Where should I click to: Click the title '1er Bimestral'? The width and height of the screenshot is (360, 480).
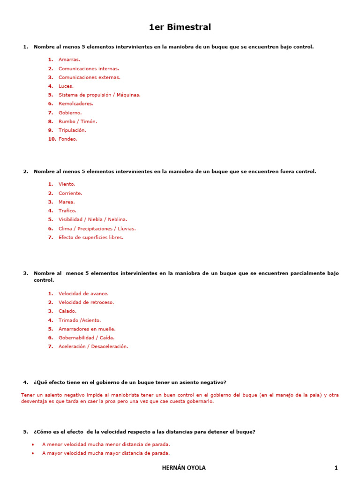coord(180,27)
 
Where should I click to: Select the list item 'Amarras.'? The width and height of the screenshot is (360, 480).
coord(69,60)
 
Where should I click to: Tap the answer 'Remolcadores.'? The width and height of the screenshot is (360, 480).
coord(76,104)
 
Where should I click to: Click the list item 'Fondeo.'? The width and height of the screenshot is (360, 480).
coord(68,139)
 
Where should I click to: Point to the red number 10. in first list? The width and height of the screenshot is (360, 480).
coord(52,139)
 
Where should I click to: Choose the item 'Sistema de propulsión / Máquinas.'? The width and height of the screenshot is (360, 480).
coord(99,95)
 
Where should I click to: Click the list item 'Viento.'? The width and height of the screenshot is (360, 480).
coord(67,184)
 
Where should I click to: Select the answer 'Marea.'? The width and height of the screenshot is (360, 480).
coord(67,202)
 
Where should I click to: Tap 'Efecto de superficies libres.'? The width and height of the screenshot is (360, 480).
coord(91,237)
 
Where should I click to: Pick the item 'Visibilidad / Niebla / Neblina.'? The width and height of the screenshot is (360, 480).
coord(93,219)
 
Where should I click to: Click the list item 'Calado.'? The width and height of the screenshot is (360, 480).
coord(67,311)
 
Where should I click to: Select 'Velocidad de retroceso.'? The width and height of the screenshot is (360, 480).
coord(86,302)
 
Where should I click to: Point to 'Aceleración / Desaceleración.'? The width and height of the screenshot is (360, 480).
coord(93,346)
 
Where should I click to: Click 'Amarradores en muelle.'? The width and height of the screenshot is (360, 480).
coord(87,329)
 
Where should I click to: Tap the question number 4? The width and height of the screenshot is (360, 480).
coord(25,382)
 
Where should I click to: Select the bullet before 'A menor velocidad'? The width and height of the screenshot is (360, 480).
coord(32,444)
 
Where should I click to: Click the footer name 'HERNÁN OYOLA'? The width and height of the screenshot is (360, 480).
coord(184,468)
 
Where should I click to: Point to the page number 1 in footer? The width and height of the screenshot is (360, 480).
coord(336,468)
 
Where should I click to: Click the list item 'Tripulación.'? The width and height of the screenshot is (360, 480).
coord(72,130)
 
